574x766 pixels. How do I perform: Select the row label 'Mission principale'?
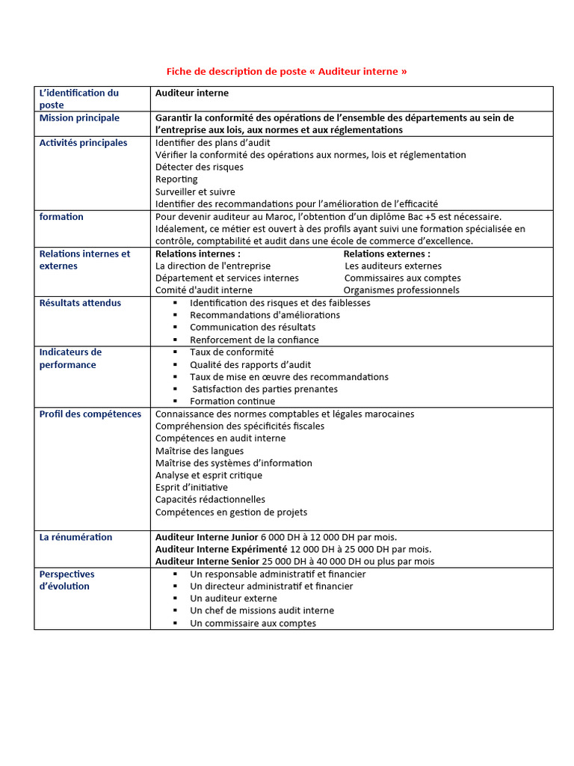point(79,118)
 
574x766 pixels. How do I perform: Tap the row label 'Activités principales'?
point(83,143)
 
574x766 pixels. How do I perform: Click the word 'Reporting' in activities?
point(176,180)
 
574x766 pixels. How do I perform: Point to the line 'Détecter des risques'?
point(199,168)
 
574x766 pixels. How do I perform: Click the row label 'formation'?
point(61,217)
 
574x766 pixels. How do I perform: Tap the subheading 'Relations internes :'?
point(197,254)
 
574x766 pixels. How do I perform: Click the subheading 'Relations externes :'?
point(386,254)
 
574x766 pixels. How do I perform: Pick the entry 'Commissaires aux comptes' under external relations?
point(402,278)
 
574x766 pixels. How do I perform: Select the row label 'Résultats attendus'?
point(80,303)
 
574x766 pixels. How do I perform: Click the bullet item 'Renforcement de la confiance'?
point(254,340)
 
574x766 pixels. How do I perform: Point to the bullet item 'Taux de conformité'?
point(232,352)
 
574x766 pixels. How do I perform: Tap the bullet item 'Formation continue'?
point(232,402)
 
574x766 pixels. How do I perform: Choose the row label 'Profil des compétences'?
point(90,414)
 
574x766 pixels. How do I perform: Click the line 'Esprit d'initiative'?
point(191,488)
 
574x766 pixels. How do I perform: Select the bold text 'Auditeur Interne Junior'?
point(206,537)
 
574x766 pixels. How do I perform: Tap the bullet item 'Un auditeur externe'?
point(233,598)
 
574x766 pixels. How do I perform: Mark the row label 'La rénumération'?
point(75,537)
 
